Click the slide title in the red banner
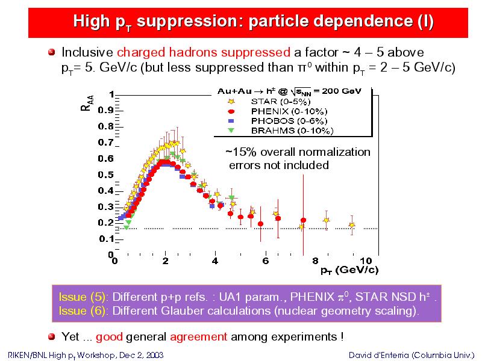(x=253, y=22)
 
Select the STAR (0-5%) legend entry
(x=269, y=101)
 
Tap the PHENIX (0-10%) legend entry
(x=277, y=111)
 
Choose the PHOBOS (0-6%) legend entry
(x=277, y=121)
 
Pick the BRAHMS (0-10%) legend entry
(x=280, y=131)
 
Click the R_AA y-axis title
(x=87, y=103)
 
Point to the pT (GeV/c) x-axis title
(x=349, y=270)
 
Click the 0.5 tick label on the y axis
(x=105, y=174)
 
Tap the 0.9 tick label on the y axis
(x=105, y=110)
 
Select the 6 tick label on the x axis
(x=265, y=261)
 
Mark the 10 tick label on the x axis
(x=366, y=261)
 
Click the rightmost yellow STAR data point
(x=352, y=225)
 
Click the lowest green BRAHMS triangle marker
(x=126, y=228)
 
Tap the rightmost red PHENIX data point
(x=304, y=220)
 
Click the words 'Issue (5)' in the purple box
(x=82, y=297)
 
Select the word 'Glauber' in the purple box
(x=182, y=311)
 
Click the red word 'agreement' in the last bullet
(x=199, y=337)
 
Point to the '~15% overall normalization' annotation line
(x=298, y=152)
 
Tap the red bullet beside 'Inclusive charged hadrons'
(x=52, y=52)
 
